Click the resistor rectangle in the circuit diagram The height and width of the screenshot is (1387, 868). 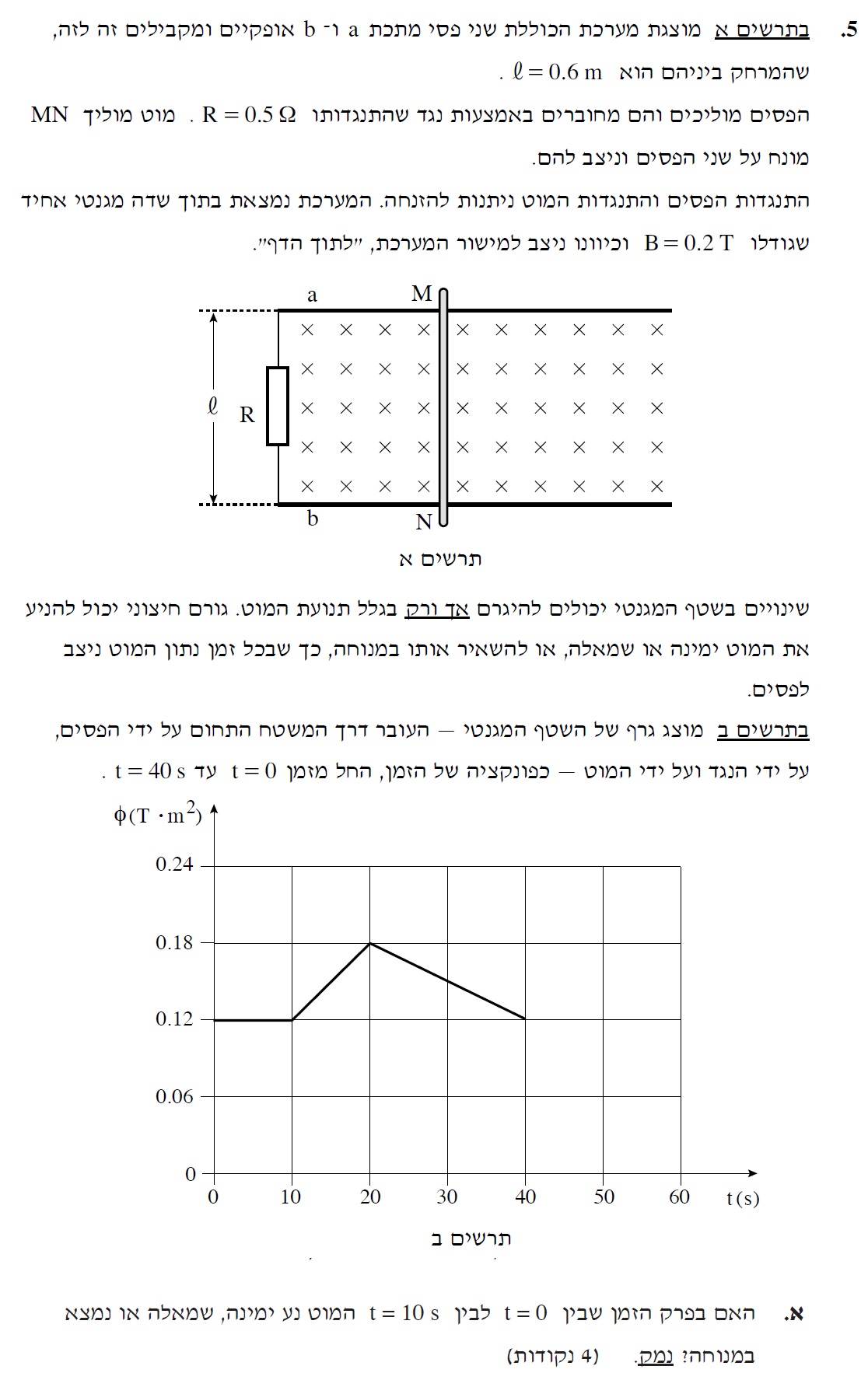coord(278,406)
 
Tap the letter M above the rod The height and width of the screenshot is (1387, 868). coord(422,294)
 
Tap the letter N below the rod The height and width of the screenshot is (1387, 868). coord(424,522)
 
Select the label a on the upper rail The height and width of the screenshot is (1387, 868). coord(313,295)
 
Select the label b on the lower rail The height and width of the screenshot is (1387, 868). coord(313,519)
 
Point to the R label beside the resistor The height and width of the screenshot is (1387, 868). coord(247,415)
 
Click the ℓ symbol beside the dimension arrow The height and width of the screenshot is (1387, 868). coord(213,406)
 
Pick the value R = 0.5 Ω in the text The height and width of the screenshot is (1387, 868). coord(249,116)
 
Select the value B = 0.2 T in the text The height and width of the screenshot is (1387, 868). coord(689,243)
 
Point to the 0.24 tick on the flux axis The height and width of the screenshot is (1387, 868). coord(174,865)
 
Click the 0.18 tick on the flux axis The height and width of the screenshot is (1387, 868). coord(174,943)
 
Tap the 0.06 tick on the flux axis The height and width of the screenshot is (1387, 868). coord(174,1097)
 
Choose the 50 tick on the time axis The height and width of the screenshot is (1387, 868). coord(604,1197)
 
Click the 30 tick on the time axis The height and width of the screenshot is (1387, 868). coord(447,1197)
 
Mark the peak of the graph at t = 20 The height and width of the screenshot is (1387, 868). coord(370,943)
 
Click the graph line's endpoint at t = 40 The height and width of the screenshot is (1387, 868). coord(526,1018)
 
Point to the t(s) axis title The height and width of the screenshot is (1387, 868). coord(742,1198)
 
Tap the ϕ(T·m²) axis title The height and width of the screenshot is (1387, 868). coord(158,815)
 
